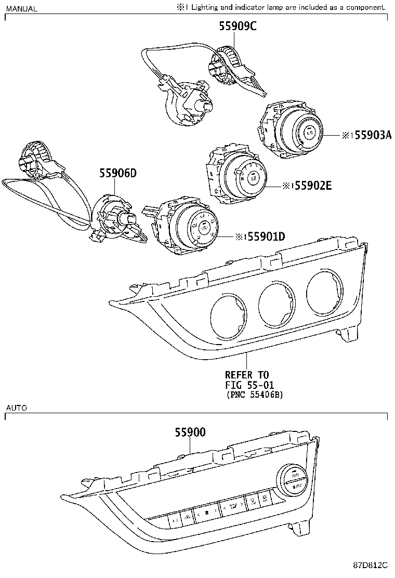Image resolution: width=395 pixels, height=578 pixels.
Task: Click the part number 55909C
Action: click(x=237, y=26)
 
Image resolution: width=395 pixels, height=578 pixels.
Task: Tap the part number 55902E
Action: click(x=312, y=185)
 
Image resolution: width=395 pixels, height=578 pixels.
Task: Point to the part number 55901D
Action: click(x=266, y=237)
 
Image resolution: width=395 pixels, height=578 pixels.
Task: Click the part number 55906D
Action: click(x=117, y=174)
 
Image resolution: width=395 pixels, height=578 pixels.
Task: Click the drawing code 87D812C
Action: click(x=371, y=566)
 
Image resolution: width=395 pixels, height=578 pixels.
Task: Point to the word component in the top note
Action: click(x=366, y=7)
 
